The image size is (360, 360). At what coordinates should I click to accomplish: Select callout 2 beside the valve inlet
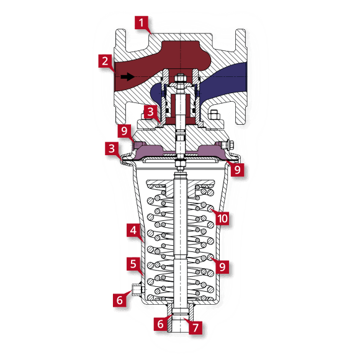click(105, 61)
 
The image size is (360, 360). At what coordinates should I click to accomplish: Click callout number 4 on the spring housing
click(133, 230)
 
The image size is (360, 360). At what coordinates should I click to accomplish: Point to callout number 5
click(133, 263)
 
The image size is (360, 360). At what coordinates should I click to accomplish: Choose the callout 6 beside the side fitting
click(120, 299)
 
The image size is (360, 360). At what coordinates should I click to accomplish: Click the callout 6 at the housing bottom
click(160, 323)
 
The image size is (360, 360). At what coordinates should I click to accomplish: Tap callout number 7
click(196, 326)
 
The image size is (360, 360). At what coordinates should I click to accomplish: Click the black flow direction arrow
click(127, 77)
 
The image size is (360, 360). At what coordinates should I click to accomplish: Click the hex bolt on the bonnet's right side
click(215, 115)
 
